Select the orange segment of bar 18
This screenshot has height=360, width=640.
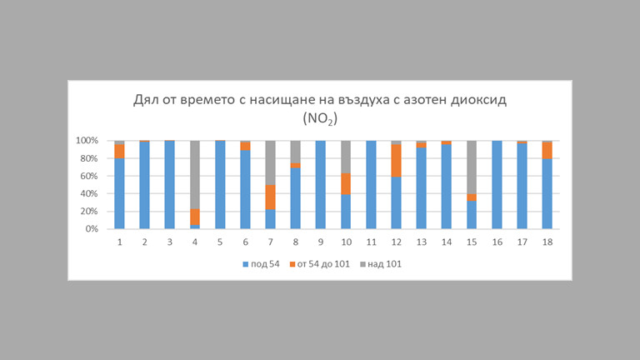547,150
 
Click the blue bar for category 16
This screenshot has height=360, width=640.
497,185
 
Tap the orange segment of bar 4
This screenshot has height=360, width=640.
195,217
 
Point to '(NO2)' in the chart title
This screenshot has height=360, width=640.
319,120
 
